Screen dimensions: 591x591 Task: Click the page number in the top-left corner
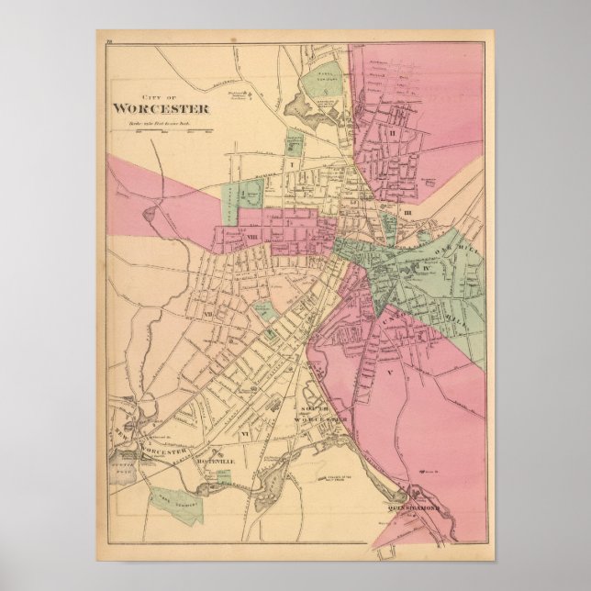tap(108, 38)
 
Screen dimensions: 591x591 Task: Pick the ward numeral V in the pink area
tap(388, 374)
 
